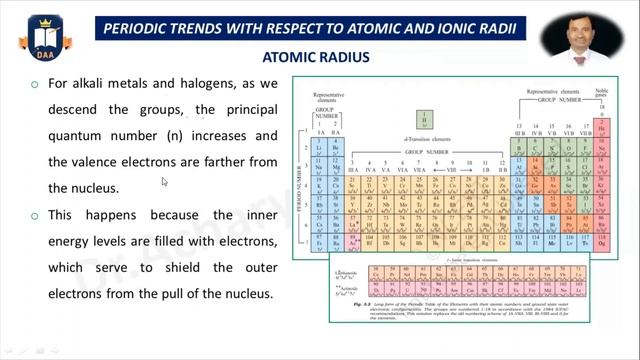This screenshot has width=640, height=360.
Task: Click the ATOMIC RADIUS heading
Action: pos(316,58)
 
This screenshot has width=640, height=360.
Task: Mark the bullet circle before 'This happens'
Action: pos(34,215)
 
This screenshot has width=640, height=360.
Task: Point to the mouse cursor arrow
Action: pos(165,182)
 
